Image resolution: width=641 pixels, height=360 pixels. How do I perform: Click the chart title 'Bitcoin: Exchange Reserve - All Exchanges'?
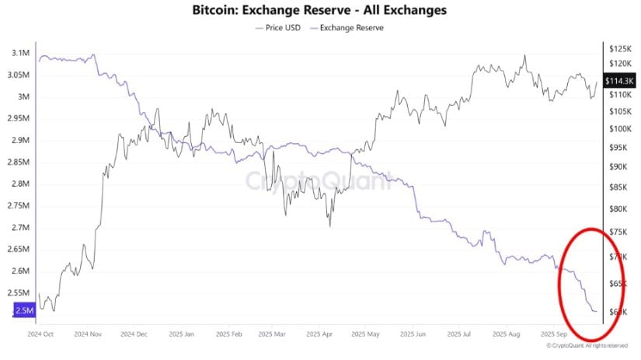point(320,11)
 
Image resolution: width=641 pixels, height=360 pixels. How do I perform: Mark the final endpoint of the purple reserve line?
point(597,311)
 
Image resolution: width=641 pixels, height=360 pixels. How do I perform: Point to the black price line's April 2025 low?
point(329,226)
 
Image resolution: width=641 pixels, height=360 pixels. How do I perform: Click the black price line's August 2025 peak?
point(525,56)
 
